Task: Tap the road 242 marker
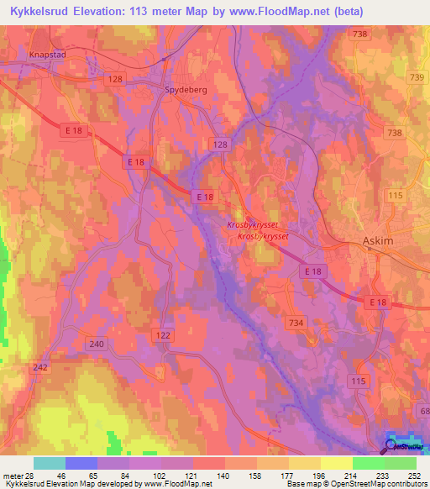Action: coord(40,367)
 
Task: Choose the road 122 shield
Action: coord(164,335)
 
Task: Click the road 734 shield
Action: coord(295,323)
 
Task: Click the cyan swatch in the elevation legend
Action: coord(50,463)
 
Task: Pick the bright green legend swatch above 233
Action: coord(369,463)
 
